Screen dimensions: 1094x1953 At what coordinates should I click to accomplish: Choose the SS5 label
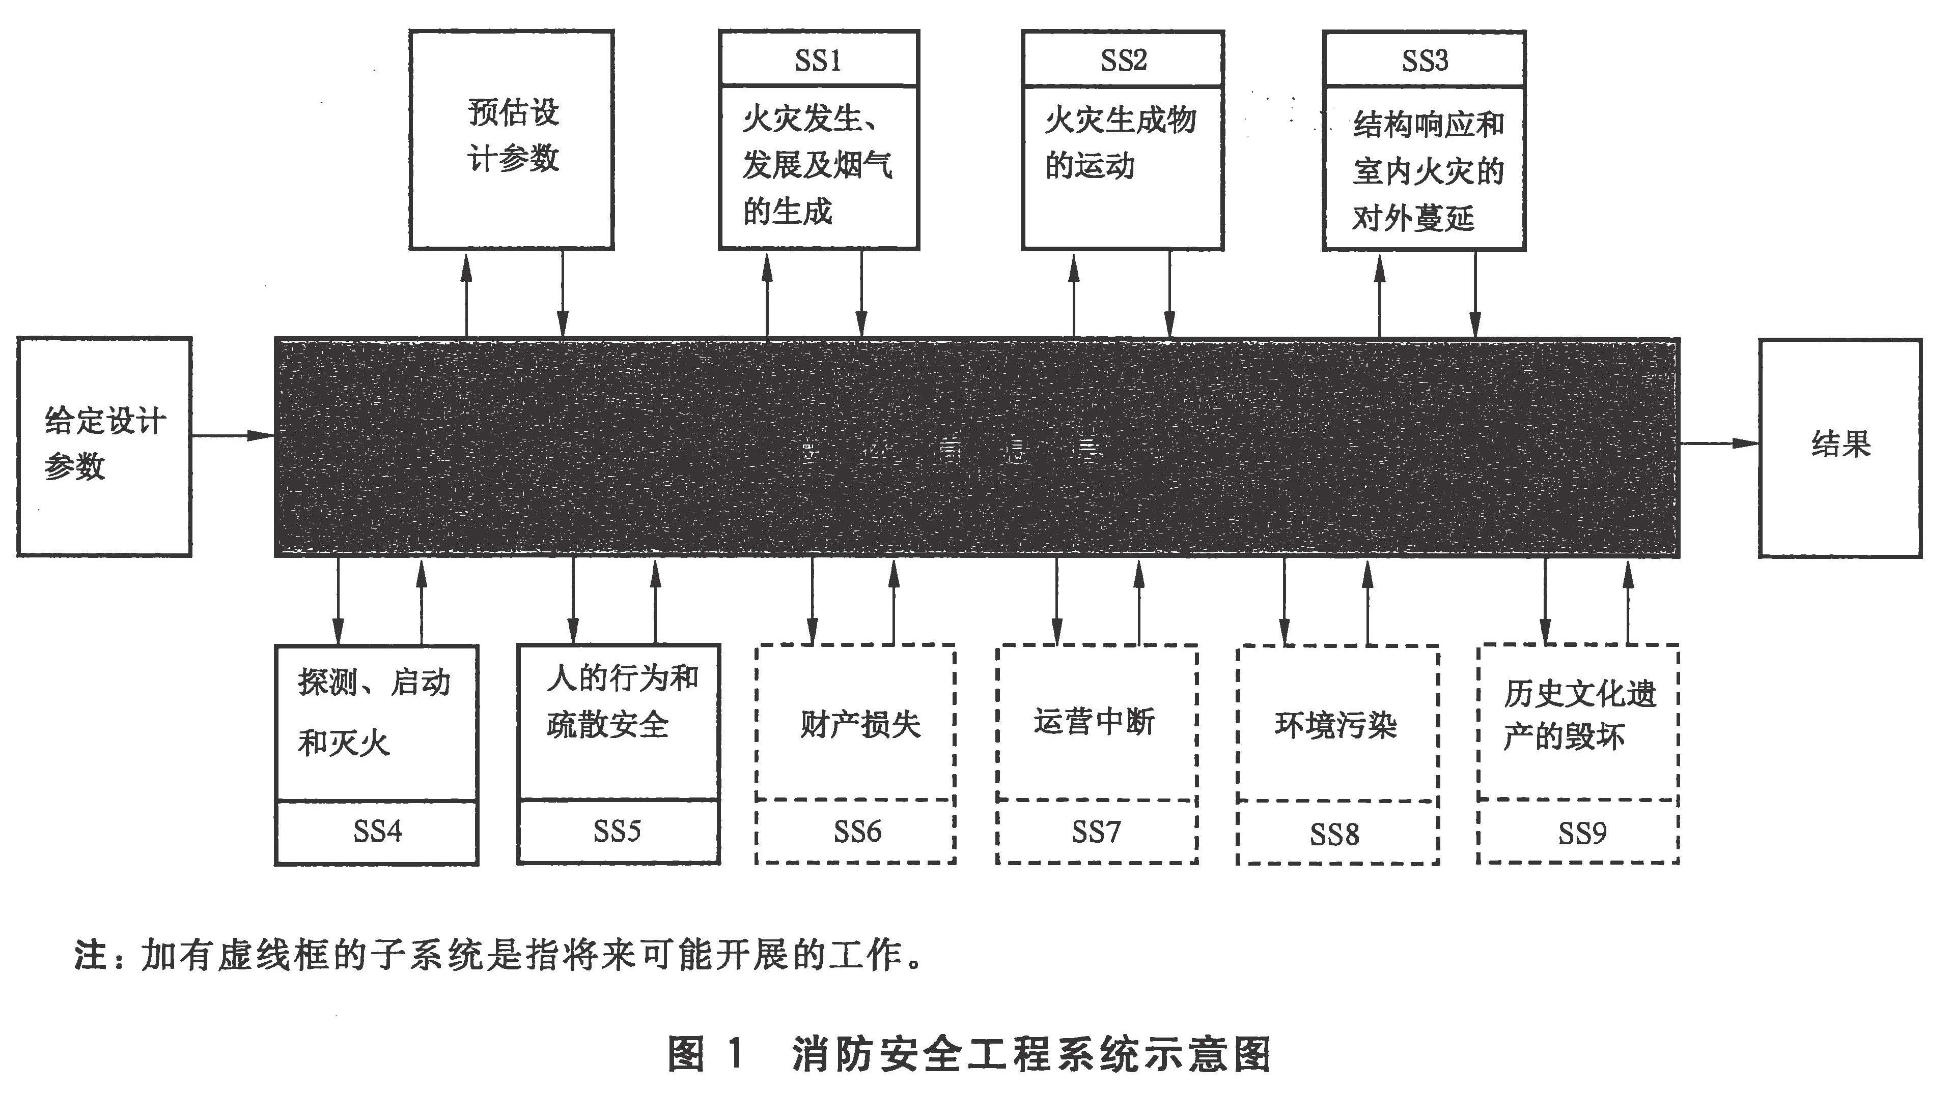[617, 831]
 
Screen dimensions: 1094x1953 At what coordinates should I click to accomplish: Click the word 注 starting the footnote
[90, 955]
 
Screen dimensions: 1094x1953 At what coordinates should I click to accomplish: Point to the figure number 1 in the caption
[733, 1054]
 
